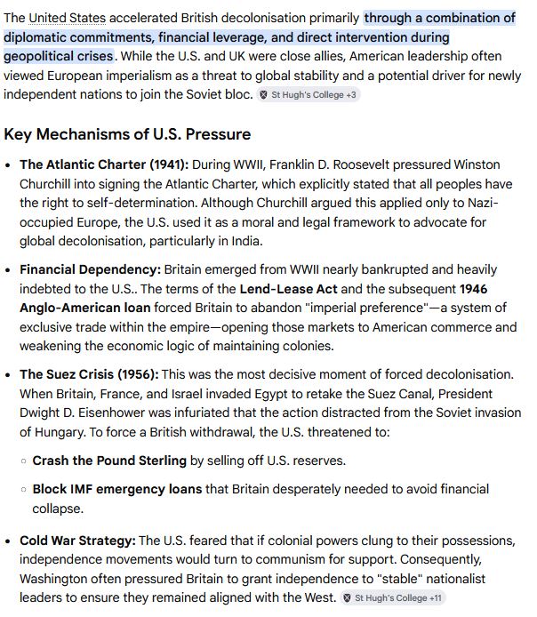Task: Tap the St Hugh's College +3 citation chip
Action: coord(309,94)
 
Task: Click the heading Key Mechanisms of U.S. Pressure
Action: coord(127,134)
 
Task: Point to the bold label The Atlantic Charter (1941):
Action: coord(104,164)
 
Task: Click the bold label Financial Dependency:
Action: coord(90,269)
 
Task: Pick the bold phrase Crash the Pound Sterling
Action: coord(109,461)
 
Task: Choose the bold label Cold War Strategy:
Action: coord(77,541)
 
